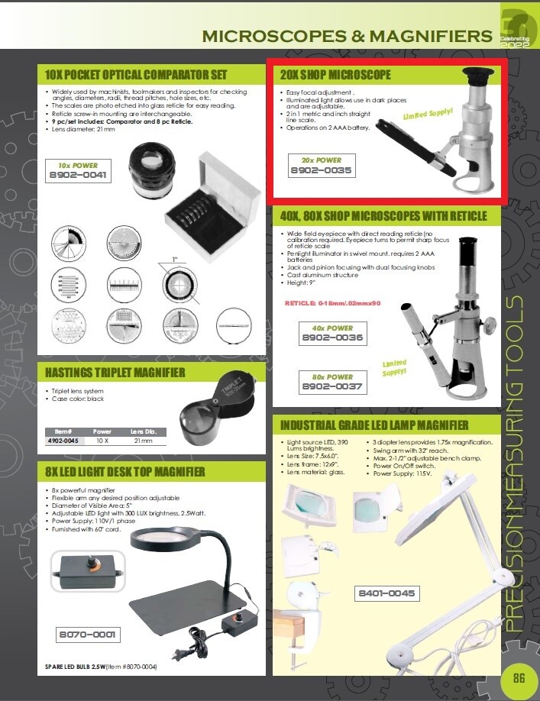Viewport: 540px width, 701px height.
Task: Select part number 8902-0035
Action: tap(321, 170)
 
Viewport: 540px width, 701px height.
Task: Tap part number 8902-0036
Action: tap(331, 338)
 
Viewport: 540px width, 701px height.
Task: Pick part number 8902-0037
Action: tap(331, 387)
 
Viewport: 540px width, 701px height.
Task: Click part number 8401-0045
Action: tap(386, 593)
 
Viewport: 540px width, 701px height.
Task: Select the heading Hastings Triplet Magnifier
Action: tap(115, 373)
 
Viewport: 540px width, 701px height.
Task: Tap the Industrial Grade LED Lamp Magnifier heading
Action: tap(374, 425)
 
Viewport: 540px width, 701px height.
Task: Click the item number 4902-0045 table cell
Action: tap(62, 440)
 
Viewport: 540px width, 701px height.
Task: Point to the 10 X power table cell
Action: tap(102, 440)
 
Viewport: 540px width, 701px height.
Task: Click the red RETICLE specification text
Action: tap(332, 303)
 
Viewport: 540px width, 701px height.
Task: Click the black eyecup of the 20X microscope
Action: tap(477, 77)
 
